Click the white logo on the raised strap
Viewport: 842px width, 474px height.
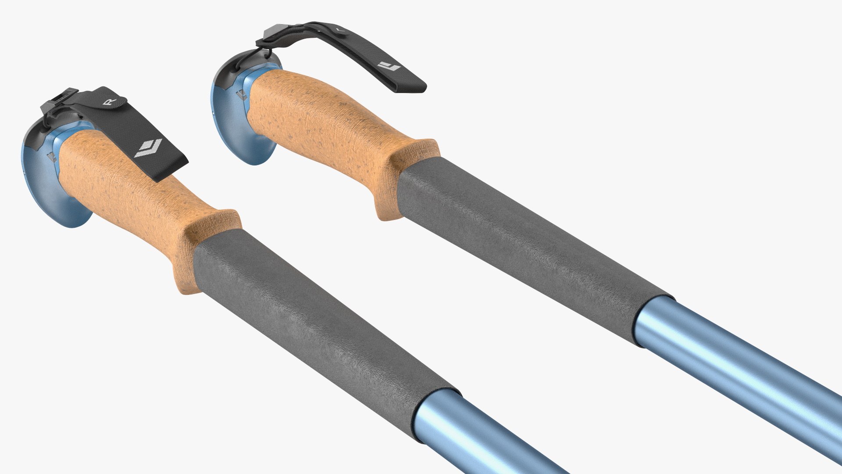pyautogui.click(x=389, y=66)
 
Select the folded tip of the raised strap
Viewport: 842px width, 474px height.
pyautogui.click(x=410, y=86)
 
